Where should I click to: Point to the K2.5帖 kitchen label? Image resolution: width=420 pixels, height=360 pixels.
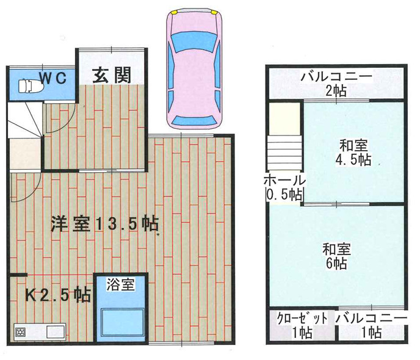click(58, 295)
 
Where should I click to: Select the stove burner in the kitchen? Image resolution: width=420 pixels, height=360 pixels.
click(20, 333)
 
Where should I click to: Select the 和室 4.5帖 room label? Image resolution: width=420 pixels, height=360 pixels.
click(355, 153)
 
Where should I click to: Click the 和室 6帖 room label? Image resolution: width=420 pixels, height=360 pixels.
click(335, 256)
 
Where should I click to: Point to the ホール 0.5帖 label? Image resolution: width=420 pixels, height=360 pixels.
click(283, 187)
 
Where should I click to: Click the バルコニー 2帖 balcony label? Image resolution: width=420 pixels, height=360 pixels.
click(336, 84)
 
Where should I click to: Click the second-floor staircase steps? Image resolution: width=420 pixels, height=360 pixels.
click(284, 153)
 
